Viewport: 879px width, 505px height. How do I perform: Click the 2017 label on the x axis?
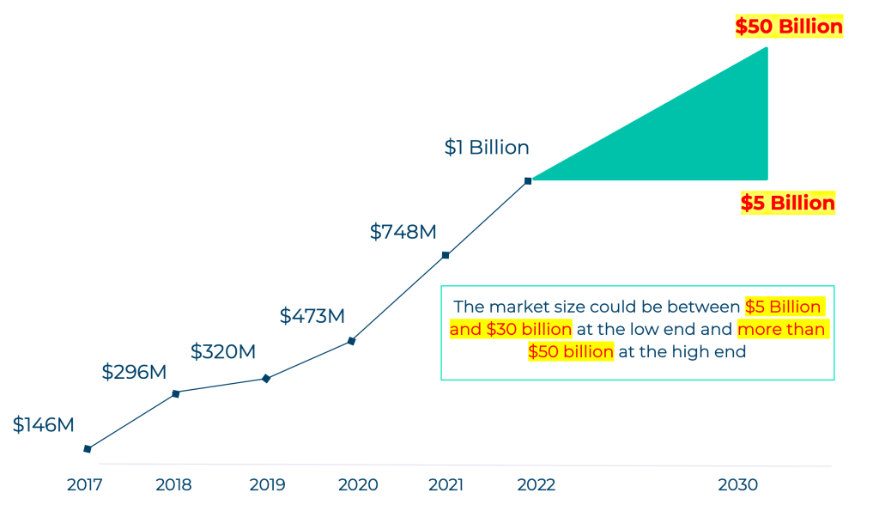coord(86,485)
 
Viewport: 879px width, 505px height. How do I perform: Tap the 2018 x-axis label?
coord(173,485)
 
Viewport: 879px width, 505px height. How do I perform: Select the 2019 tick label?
coord(267,485)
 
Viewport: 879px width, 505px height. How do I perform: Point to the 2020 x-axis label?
coord(358,485)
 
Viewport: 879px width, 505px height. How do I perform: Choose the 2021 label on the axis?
coord(446,485)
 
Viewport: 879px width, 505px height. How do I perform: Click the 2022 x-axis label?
coord(536,485)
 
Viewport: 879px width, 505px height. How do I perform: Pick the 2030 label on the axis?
coord(738,485)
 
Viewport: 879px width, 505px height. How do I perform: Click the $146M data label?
coord(44,425)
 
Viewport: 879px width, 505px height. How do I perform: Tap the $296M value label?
coord(134,372)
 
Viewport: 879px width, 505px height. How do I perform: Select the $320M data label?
coord(223,352)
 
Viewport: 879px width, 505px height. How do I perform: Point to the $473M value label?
coord(312,316)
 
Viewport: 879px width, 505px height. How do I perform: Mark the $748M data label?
coord(403,232)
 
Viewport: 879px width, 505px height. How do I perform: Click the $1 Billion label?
coord(487,148)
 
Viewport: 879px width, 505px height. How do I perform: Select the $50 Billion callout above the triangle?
coord(789,27)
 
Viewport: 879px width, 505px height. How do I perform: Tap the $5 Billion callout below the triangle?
coord(787,204)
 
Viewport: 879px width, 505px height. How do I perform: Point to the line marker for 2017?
coord(87,448)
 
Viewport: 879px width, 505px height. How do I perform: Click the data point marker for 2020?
coord(351,341)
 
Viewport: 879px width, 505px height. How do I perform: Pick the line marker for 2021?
coord(446,255)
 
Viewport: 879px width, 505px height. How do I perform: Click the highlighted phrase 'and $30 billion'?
coord(511,330)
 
